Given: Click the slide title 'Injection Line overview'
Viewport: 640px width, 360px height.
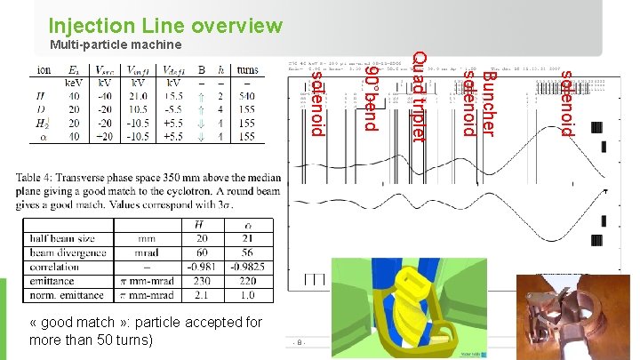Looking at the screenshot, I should (165, 25).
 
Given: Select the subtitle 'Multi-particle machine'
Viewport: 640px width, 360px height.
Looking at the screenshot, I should (116, 44).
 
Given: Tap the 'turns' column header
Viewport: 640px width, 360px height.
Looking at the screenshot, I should (248, 69).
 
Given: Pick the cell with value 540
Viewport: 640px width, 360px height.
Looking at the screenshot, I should (248, 95).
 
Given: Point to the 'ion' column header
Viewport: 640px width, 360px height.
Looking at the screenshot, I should (43, 69).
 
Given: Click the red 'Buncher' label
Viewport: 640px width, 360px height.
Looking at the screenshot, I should (487, 103).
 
